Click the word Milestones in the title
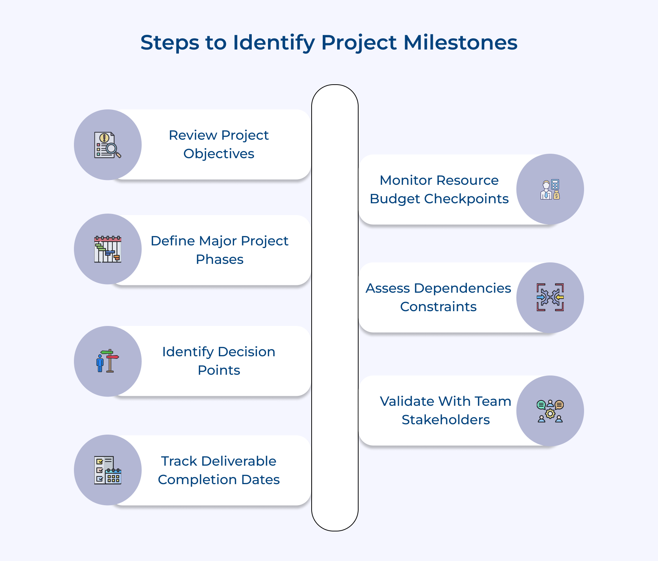pyautogui.click(x=460, y=42)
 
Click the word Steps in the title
pyautogui.click(x=170, y=42)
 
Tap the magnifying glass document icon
pyautogui.click(x=108, y=145)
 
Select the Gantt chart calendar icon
pyautogui.click(x=108, y=249)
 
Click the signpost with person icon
pyautogui.click(x=108, y=361)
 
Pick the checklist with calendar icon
pyautogui.click(x=108, y=470)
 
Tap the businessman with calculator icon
pyautogui.click(x=550, y=190)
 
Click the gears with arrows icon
pyautogui.click(x=550, y=297)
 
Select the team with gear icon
pyautogui.click(x=550, y=411)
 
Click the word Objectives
pyautogui.click(x=219, y=154)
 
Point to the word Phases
pyautogui.click(x=220, y=259)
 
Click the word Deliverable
pyautogui.click(x=239, y=461)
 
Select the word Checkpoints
pyautogui.click(x=467, y=199)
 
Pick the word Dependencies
pyautogui.click(x=462, y=288)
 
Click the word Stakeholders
pyautogui.click(x=446, y=420)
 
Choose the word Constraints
pyautogui.click(x=438, y=307)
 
